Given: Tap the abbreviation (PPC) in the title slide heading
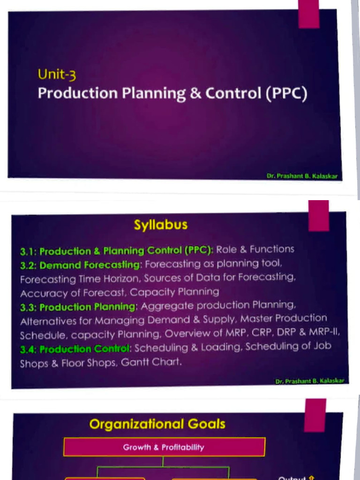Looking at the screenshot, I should point(286,93).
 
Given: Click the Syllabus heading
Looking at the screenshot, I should point(161,225).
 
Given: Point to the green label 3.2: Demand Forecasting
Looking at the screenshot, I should point(80,265).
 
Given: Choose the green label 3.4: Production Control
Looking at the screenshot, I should point(75,349).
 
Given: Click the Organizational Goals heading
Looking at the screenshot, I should point(157,424).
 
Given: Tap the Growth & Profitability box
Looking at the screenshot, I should point(164,447).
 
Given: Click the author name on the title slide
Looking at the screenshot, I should point(301,176).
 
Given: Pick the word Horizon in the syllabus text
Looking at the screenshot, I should point(120,278).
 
